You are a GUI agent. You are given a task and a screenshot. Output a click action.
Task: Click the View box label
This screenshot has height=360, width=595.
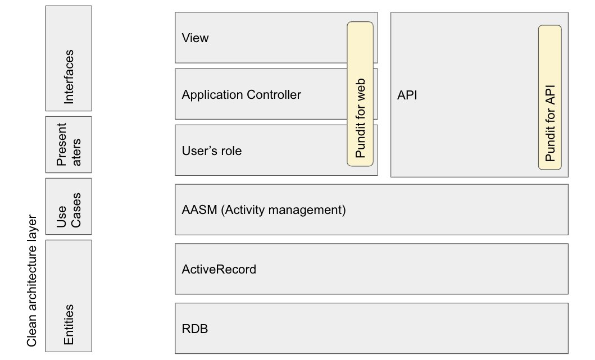tap(195, 38)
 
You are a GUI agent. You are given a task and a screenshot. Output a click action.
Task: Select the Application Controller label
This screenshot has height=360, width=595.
tap(242, 94)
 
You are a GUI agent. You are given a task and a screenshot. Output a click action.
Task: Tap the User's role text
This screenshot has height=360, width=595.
tap(212, 151)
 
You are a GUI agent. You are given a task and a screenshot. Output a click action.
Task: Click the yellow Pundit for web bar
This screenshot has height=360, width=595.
tap(360, 94)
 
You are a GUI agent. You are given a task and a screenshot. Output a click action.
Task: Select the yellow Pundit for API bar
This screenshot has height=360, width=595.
tap(550, 97)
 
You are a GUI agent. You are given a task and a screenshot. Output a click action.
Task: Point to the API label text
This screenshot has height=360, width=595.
tap(407, 95)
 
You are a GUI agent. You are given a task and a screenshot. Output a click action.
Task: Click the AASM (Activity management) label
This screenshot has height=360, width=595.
tap(264, 210)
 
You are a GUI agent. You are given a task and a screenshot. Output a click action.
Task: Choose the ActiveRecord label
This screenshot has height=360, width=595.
tap(219, 270)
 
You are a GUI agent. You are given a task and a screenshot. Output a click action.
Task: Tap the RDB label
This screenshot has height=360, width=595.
tap(194, 329)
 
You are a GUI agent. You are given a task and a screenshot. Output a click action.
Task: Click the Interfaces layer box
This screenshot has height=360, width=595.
tap(69, 58)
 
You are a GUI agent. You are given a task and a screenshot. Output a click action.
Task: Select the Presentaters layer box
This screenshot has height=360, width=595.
tap(69, 144)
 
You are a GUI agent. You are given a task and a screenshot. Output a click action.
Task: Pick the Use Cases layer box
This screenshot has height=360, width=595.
tap(69, 206)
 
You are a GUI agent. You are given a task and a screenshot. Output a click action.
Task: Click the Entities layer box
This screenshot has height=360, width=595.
tap(69, 296)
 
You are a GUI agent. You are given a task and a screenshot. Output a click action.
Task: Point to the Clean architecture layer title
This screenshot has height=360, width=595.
tap(32, 281)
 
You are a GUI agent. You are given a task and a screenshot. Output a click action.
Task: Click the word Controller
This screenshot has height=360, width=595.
tap(274, 94)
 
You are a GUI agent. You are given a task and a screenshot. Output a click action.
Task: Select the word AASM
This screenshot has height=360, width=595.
tap(199, 210)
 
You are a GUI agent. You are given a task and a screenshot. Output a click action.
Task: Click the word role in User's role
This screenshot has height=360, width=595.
tap(230, 151)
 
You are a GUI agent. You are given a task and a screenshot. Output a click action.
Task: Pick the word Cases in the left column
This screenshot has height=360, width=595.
tap(75, 210)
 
